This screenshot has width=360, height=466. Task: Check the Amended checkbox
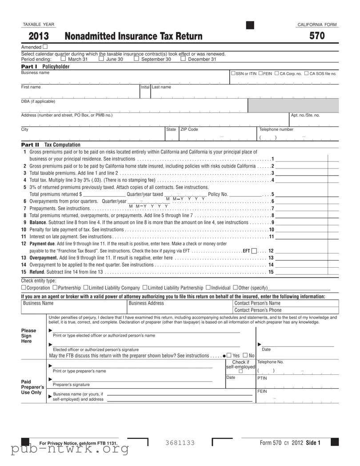(45, 47)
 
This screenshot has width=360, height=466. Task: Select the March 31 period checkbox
(63, 59)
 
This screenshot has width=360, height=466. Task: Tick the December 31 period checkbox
(183, 59)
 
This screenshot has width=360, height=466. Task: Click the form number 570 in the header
(317, 36)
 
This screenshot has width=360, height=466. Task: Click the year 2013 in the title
(39, 36)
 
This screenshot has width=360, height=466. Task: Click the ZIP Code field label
(189, 129)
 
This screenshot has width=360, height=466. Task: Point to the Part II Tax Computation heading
(51, 145)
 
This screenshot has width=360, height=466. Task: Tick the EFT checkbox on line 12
(254, 251)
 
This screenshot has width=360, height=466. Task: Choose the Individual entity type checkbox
(208, 288)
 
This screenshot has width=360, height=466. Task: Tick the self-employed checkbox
(240, 372)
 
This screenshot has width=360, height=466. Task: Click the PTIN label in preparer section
(262, 378)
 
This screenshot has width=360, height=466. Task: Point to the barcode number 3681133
(180, 442)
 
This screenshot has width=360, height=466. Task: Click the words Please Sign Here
(29, 336)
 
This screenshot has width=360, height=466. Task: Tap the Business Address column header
(146, 303)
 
